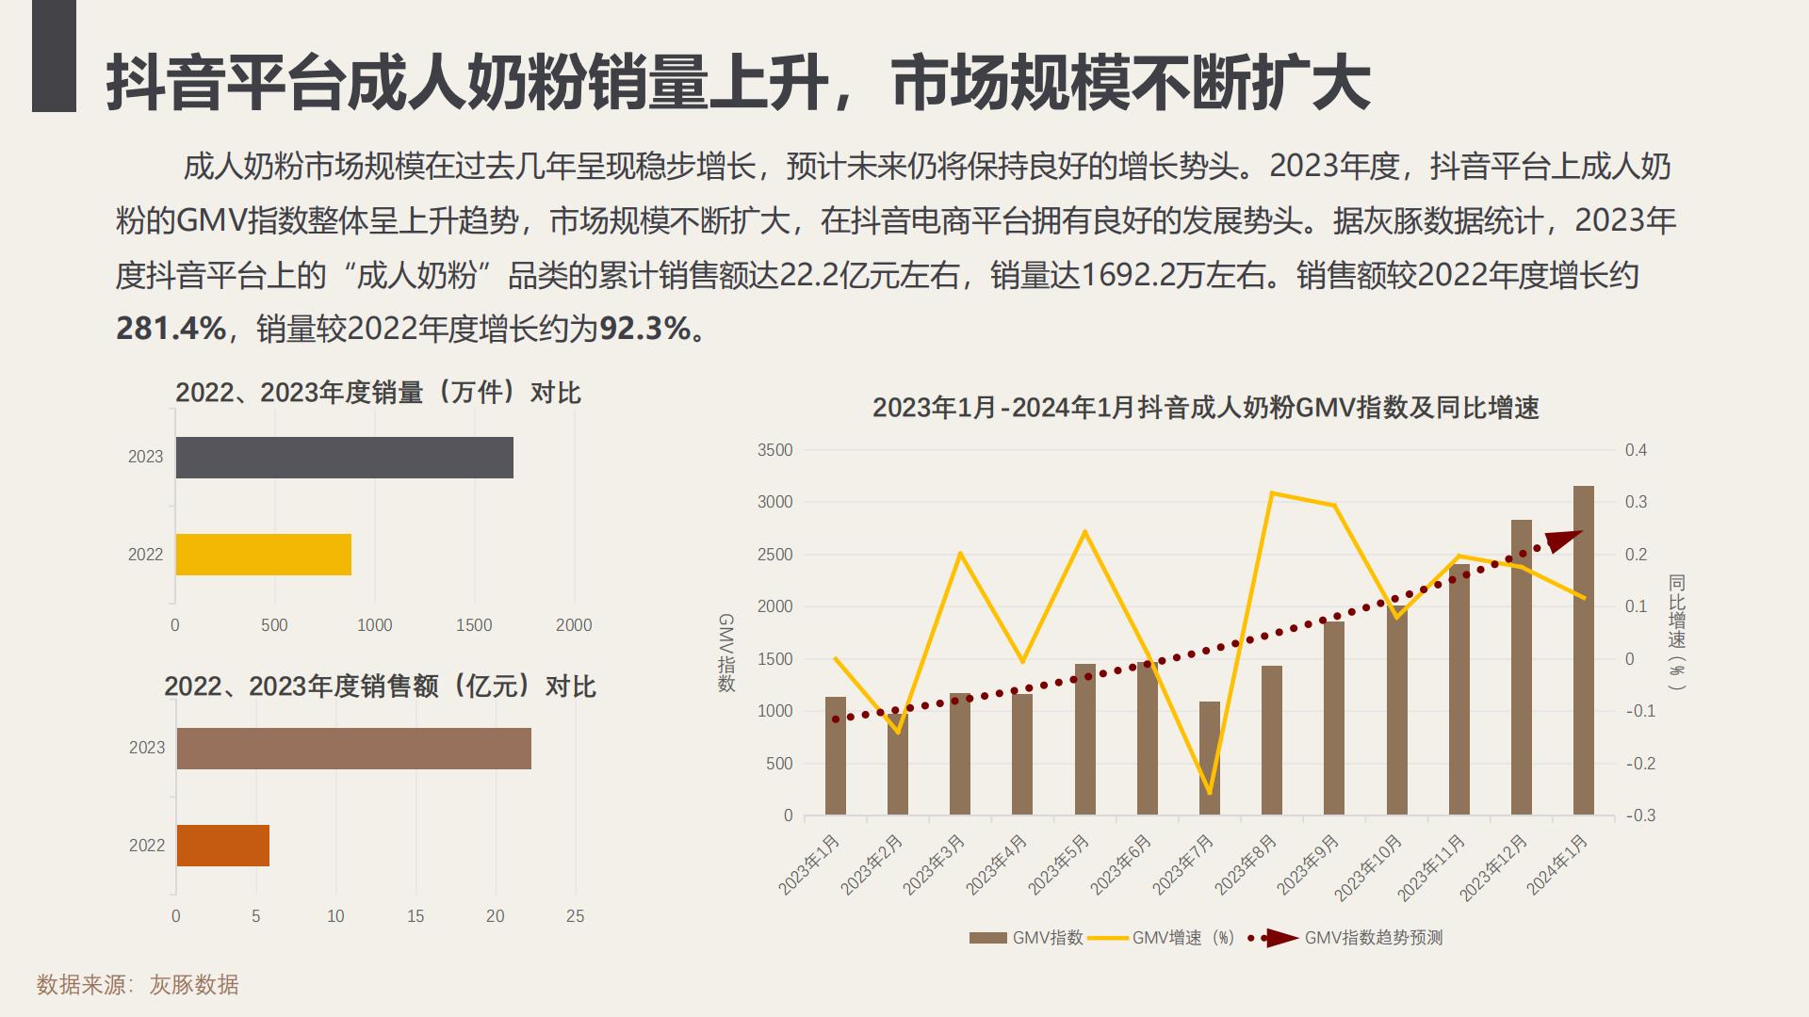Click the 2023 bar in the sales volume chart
pyautogui.click(x=344, y=458)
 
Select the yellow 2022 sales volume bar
pyautogui.click(x=263, y=555)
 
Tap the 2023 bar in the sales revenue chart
pyautogui.click(x=353, y=749)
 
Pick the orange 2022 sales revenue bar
pyautogui.click(x=222, y=846)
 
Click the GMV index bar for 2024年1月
pyautogui.click(x=1584, y=650)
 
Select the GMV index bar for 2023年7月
pyautogui.click(x=1210, y=758)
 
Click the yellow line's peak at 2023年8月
pyautogui.click(x=1272, y=492)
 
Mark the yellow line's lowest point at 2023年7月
pyautogui.click(x=1210, y=793)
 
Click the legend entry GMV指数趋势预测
pyautogui.click(x=1372, y=938)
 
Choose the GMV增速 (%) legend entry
pyautogui.click(x=1182, y=938)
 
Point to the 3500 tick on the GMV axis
pyautogui.click(x=774, y=450)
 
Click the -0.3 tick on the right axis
pyautogui.click(x=1640, y=815)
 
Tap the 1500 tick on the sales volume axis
pyautogui.click(x=474, y=625)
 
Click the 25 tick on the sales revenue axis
pyautogui.click(x=575, y=916)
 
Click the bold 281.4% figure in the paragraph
pyautogui.click(x=171, y=329)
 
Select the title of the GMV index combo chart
pyautogui.click(x=1205, y=408)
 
